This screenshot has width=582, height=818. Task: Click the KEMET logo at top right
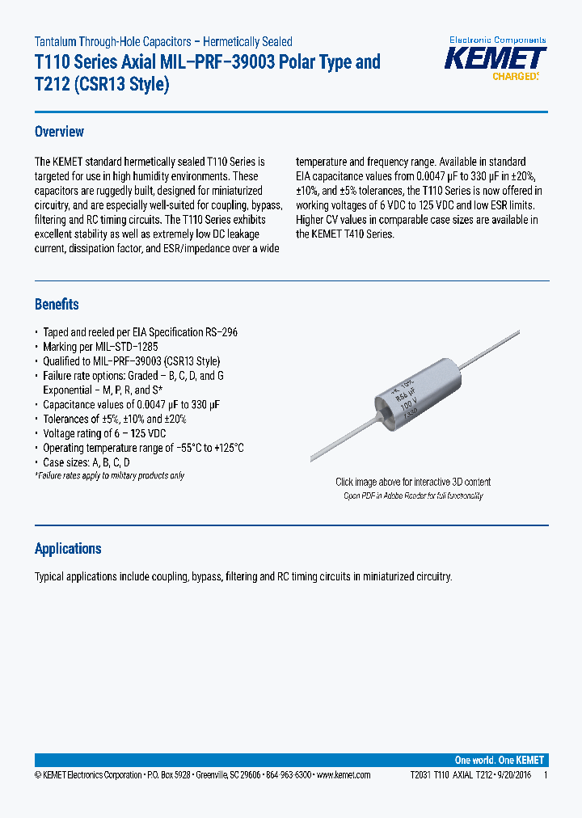497,59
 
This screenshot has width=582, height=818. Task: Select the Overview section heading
59,132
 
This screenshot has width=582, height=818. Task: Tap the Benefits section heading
57,304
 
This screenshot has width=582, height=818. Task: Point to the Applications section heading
68,549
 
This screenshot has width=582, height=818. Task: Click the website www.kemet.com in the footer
343,774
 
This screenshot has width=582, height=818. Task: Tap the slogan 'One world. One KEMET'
500,760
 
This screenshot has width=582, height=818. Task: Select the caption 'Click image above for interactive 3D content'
413,482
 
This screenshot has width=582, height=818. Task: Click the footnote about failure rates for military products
109,475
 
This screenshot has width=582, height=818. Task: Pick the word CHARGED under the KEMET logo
515,77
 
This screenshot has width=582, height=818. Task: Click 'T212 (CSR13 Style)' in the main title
102,84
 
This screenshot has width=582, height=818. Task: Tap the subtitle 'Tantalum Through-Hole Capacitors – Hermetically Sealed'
163,41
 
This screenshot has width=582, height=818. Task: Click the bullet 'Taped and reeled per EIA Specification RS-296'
140,332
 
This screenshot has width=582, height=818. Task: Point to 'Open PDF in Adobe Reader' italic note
413,495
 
